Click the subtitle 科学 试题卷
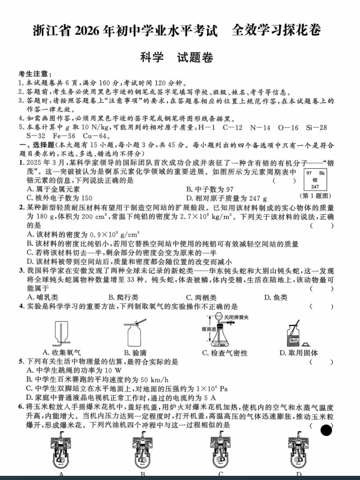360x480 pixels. tap(177, 58)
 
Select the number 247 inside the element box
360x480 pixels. tap(315, 187)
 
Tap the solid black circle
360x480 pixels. tap(326, 430)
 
